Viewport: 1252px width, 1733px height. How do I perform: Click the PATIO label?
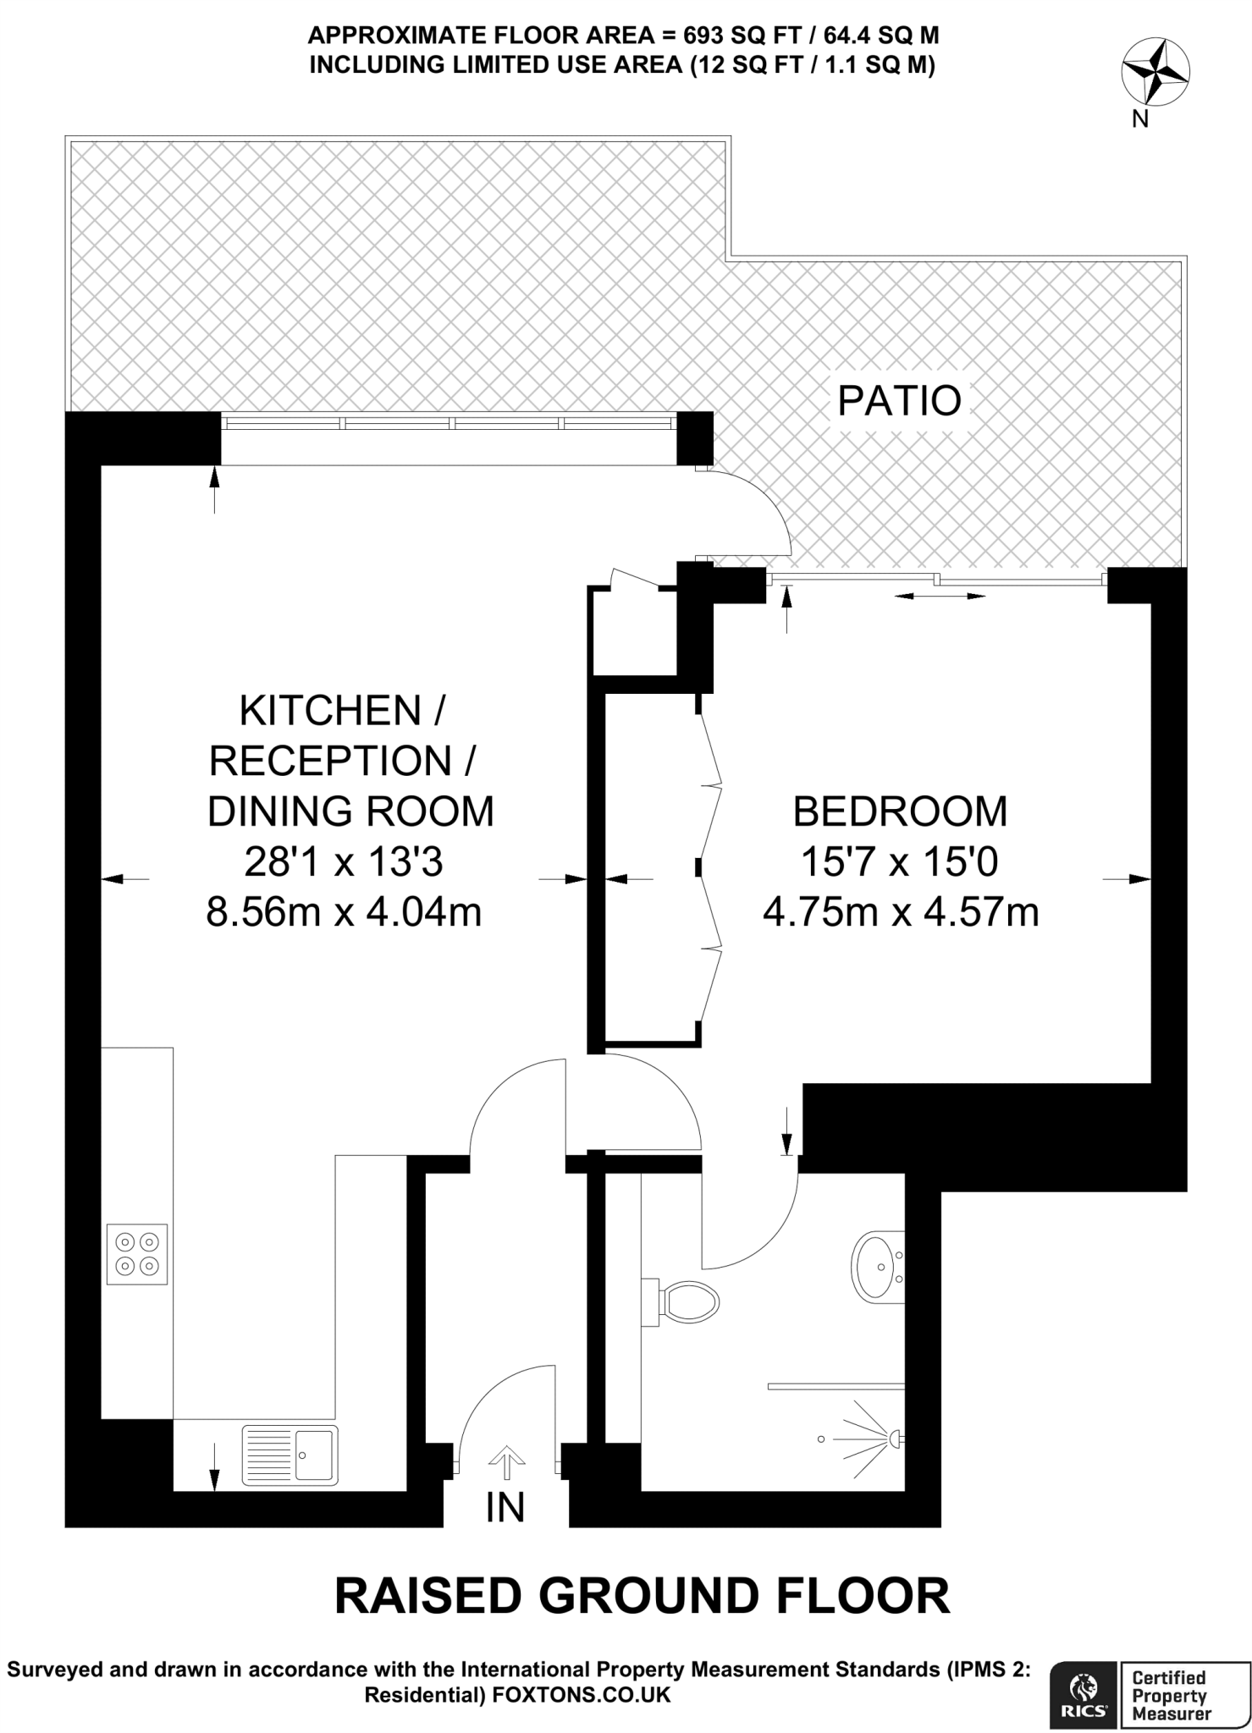coord(899,401)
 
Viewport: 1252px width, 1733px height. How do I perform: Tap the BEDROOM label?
coord(900,811)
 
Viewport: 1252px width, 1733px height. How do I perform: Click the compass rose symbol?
coord(1155,74)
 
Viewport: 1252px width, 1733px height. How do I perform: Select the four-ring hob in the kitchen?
coord(137,1254)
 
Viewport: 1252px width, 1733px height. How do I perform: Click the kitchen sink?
coord(290,1455)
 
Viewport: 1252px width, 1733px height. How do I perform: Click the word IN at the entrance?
coord(505,1507)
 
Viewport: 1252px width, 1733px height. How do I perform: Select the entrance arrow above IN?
coord(506,1461)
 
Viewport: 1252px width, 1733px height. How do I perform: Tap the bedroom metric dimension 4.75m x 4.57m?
coord(901,913)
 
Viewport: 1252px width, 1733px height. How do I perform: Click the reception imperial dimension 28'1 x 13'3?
coord(344,862)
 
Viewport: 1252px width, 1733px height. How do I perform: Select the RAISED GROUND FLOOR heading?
coord(643,1595)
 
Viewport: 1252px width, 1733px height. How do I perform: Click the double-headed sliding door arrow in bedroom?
coord(940,597)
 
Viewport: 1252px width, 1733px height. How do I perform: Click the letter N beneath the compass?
coord(1139,119)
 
